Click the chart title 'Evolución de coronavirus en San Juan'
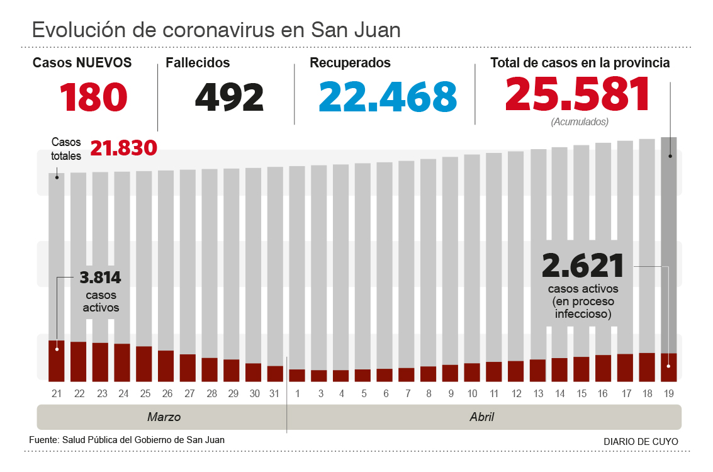tap(216, 30)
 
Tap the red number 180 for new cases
tap(94, 96)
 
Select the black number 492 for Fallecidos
tap(229, 96)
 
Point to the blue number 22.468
tap(388, 96)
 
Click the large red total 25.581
tap(577, 94)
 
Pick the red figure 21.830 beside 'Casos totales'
tap(123, 148)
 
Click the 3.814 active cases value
tap(100, 278)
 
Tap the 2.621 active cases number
tap(583, 266)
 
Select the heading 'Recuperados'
tap(350, 63)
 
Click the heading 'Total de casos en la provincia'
tap(580, 63)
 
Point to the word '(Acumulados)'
tap(580, 121)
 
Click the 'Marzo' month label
tap(164, 417)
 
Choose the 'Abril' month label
tap(482, 417)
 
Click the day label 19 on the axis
tap(669, 393)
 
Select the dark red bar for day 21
tap(57, 361)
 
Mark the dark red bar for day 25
tap(144, 364)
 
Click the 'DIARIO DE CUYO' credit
tap(641, 442)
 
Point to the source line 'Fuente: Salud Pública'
tap(126, 440)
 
